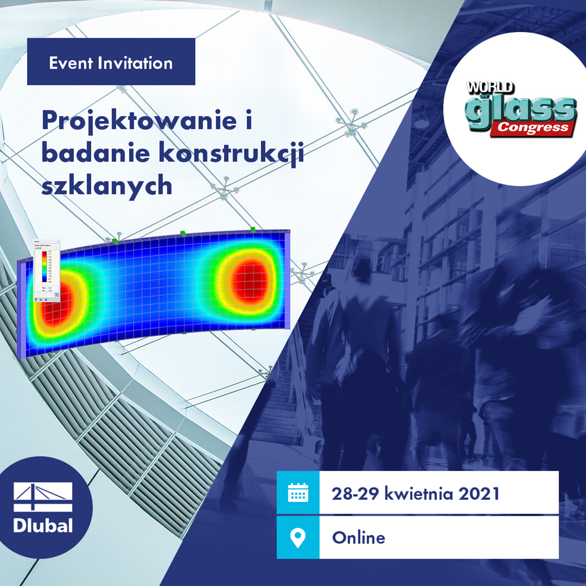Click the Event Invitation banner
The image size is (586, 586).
[111, 62]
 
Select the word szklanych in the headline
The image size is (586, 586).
[107, 185]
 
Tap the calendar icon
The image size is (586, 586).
[298, 493]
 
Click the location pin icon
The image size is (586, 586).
[298, 537]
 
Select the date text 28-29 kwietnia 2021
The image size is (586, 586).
[416, 494]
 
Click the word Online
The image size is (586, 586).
[358, 538]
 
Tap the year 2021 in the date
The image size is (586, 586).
[479, 494]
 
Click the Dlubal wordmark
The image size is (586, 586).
[43, 526]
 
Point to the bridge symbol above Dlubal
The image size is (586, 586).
[43, 496]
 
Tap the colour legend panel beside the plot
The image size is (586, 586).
[48, 270]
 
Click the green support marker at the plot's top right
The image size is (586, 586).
[253, 229]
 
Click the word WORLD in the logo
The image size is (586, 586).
[489, 88]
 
